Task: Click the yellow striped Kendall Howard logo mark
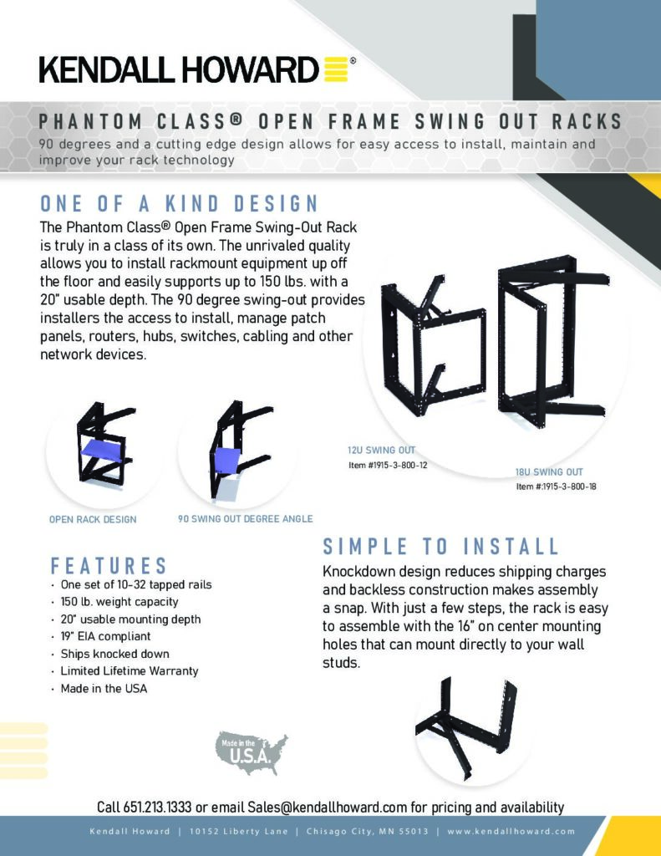(336, 69)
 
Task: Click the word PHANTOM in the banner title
(90, 121)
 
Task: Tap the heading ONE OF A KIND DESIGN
(179, 204)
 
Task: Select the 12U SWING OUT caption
(382, 451)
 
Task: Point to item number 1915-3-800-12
(388, 465)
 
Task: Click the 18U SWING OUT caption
(549, 471)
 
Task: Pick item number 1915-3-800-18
(557, 487)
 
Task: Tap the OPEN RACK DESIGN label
(93, 519)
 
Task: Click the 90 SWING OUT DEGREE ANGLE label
(245, 518)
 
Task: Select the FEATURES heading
(109, 566)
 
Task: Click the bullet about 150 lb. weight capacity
(119, 602)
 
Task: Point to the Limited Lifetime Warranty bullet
(130, 671)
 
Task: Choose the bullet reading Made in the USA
(104, 689)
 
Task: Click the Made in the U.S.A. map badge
(251, 753)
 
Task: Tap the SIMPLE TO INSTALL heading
(440, 547)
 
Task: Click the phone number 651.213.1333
(157, 807)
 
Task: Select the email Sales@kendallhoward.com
(327, 807)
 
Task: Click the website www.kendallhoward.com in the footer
(511, 832)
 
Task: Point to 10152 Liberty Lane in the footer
(238, 832)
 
